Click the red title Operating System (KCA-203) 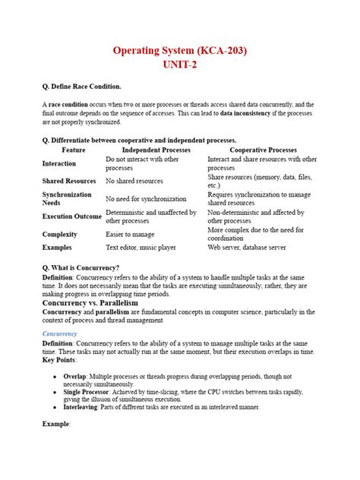(179, 51)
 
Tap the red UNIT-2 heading (179, 66)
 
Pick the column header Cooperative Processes (264, 150)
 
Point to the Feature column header (74, 150)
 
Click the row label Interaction (59, 163)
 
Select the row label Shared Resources (69, 181)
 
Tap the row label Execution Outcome (72, 216)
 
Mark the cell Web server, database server (247, 248)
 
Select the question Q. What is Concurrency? (81, 268)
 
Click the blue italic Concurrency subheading (60, 333)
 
